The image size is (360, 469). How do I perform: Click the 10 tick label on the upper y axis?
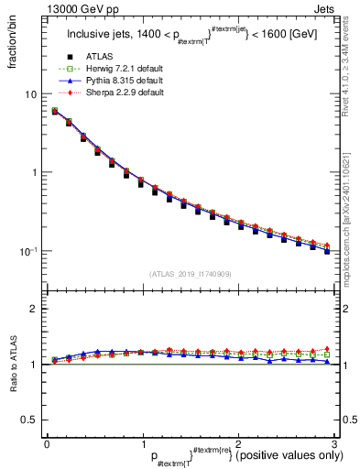point(30,94)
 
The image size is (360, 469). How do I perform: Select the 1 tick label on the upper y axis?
point(33,172)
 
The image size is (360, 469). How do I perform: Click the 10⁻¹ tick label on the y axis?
point(28,251)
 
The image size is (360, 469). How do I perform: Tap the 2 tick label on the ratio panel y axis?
point(33,309)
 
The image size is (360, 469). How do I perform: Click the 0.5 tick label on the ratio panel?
point(29,420)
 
